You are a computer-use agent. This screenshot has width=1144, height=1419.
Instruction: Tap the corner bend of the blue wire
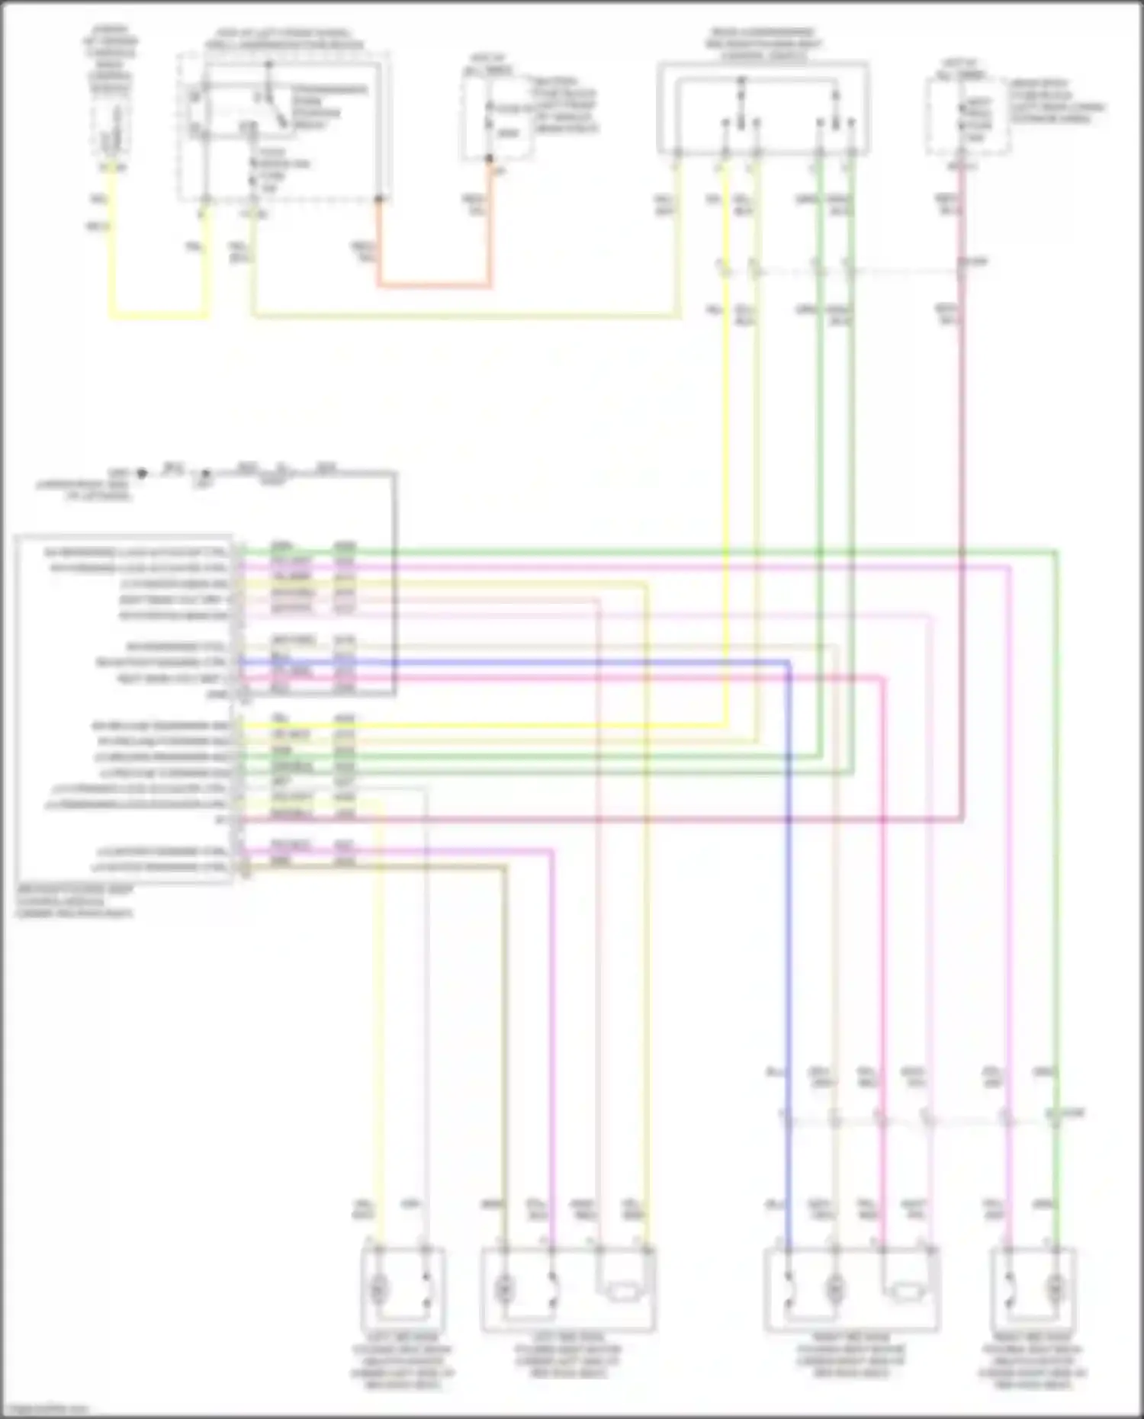[788, 663]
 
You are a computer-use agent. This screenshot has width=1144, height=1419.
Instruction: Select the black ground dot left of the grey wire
[141, 473]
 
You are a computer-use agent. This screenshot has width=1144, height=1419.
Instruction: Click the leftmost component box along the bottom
[403, 1288]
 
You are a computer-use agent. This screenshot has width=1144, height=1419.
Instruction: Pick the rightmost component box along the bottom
[1033, 1288]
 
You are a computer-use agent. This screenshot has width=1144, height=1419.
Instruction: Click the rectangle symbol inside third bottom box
[908, 1292]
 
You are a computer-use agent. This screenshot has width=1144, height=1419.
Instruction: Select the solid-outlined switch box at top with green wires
[763, 107]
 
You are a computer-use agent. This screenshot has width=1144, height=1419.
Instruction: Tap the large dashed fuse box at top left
[284, 126]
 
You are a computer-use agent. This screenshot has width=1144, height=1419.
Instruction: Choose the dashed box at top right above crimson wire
[967, 114]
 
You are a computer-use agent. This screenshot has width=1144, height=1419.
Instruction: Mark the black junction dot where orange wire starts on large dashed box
[378, 200]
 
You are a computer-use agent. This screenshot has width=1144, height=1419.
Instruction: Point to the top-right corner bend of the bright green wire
[1056, 551]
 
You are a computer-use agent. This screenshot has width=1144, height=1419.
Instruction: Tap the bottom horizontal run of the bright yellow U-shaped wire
[159, 315]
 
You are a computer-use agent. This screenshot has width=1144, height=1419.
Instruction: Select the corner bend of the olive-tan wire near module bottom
[503, 867]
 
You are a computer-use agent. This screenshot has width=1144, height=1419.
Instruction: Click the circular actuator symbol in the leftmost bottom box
[378, 1289]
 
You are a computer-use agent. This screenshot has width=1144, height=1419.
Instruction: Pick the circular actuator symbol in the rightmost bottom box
[1055, 1289]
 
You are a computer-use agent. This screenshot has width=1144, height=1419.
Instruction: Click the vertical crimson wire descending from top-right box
[962, 496]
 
